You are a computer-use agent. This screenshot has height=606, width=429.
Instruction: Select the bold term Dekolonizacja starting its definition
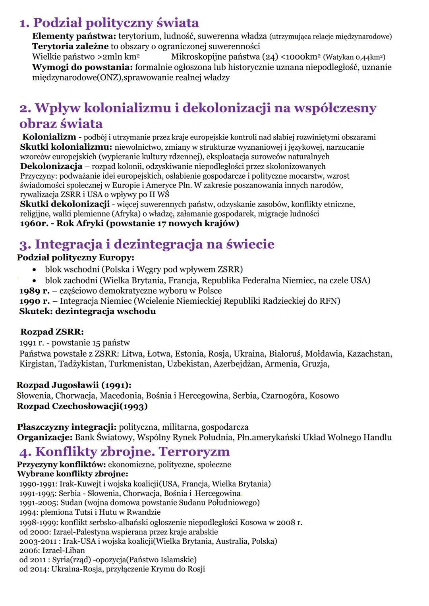(x=51, y=166)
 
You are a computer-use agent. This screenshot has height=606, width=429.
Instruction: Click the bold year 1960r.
(x=33, y=223)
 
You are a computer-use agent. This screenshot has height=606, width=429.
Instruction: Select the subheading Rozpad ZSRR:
(x=52, y=332)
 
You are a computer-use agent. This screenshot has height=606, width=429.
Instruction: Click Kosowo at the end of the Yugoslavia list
(x=324, y=396)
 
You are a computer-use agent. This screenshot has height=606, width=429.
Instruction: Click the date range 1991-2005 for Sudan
(x=37, y=502)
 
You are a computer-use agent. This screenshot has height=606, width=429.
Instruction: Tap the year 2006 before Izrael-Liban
(x=29, y=550)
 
